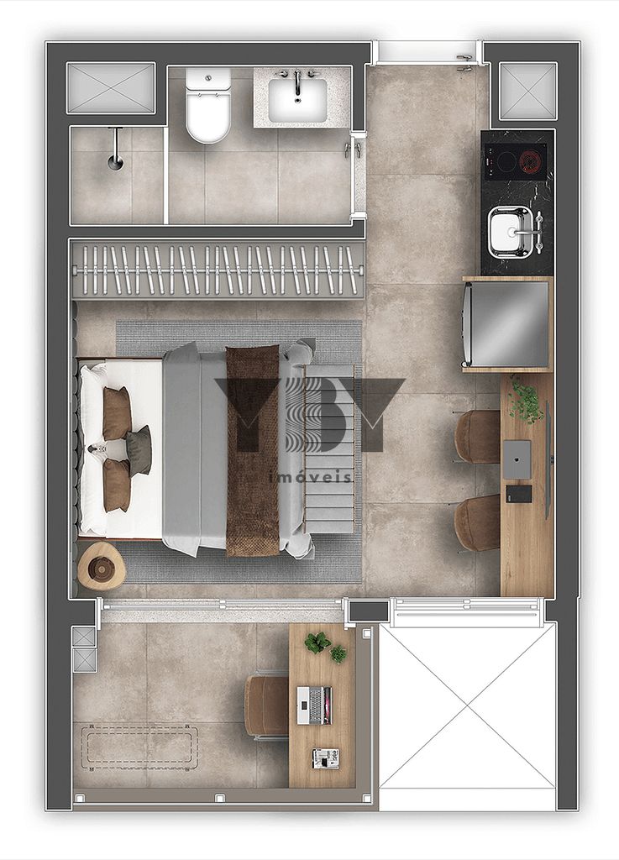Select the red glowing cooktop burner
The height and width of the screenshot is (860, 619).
click(530, 160)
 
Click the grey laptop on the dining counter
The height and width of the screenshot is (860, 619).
click(517, 458)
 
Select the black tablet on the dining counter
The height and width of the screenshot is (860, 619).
click(518, 494)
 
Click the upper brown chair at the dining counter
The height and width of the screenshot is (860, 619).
click(477, 437)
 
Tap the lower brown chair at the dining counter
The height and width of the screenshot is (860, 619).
click(478, 523)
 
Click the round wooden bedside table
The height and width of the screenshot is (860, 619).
click(102, 567)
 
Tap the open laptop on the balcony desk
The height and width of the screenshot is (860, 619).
click(315, 705)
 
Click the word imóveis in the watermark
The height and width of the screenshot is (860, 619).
click(310, 478)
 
